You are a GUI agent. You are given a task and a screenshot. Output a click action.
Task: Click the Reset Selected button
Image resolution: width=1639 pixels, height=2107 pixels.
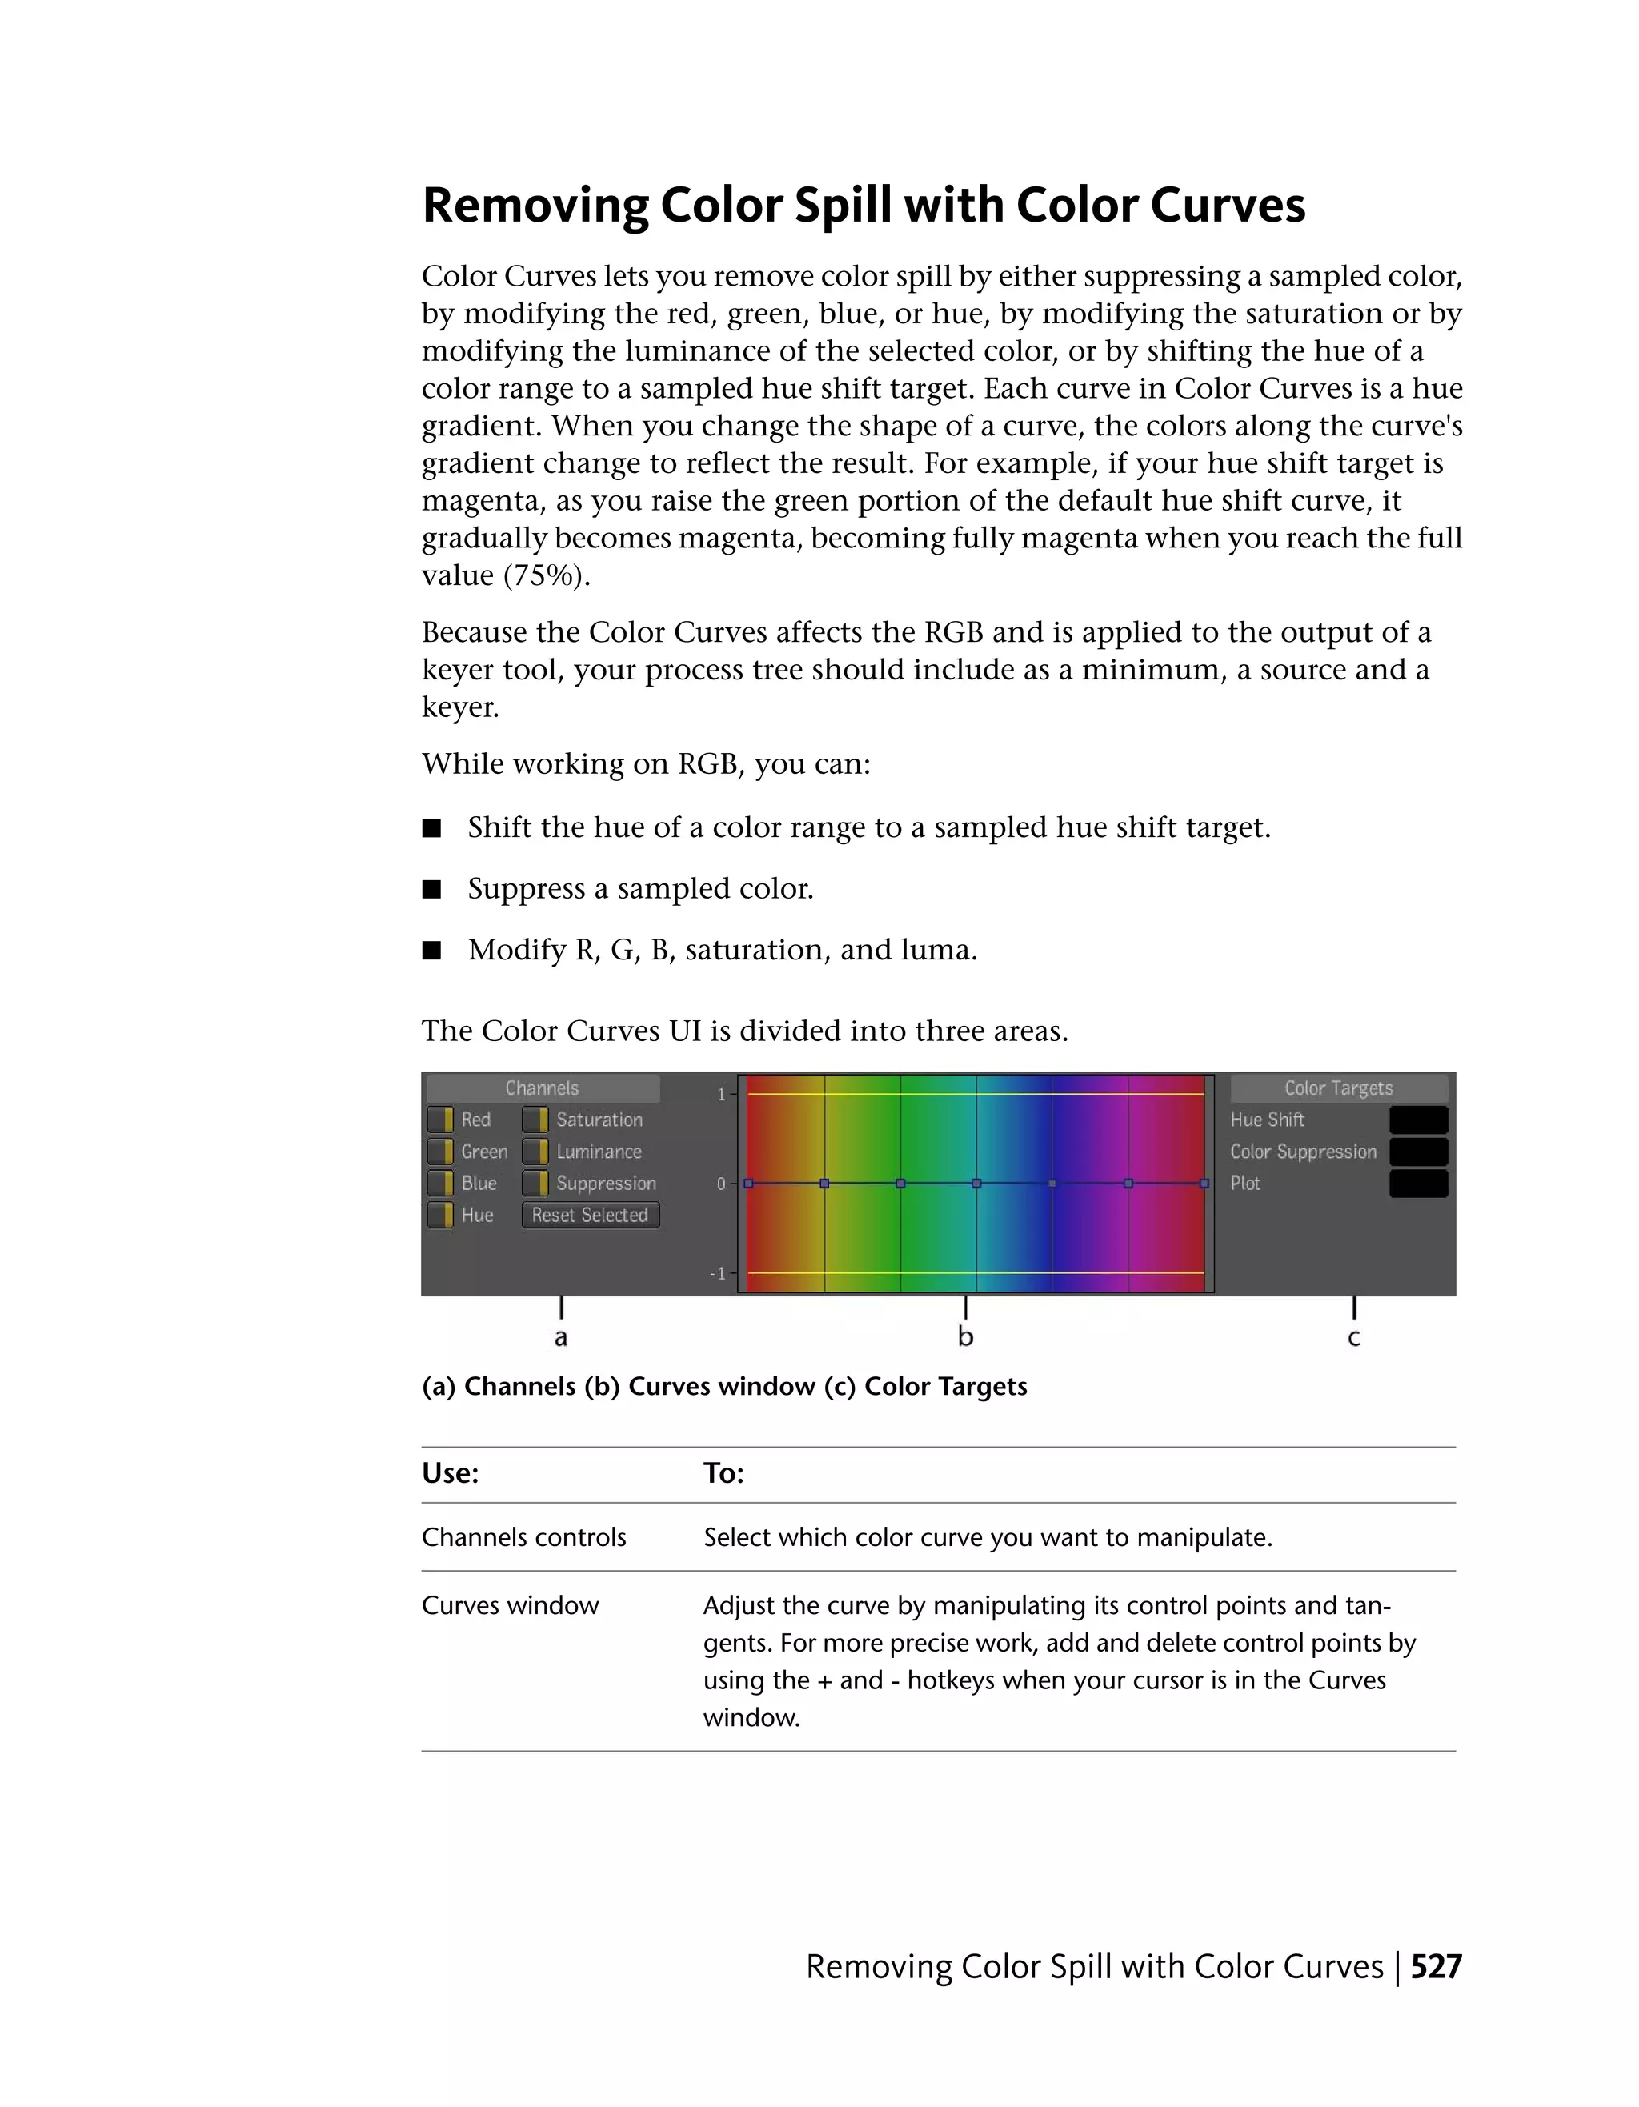[591, 1215]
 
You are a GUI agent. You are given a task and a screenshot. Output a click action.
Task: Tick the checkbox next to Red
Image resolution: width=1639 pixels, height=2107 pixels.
[440, 1119]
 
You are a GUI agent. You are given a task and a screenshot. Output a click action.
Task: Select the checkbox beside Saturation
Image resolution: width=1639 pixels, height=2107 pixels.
[535, 1119]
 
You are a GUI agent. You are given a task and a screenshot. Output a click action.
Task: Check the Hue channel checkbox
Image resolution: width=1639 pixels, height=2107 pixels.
[440, 1215]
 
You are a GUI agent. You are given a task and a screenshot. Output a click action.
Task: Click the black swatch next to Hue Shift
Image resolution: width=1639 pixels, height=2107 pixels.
[1418, 1119]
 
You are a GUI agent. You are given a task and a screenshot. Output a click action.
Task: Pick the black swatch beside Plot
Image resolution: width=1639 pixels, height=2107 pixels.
[1418, 1183]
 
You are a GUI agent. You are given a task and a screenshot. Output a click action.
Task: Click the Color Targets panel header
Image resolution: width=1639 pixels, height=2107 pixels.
[1338, 1088]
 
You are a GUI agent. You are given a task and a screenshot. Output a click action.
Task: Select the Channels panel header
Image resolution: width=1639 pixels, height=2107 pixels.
[542, 1088]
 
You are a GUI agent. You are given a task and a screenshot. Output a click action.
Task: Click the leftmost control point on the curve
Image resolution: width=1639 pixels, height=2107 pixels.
[748, 1183]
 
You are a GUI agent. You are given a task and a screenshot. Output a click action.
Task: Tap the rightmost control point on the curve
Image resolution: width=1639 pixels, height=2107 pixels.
[1204, 1183]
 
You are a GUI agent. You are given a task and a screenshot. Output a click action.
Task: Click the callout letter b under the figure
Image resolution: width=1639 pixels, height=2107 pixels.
[966, 1336]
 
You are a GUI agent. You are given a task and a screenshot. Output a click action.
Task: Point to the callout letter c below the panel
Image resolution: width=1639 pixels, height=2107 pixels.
[1353, 1338]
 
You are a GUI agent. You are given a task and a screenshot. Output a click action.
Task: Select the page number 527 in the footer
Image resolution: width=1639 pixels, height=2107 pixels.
[1436, 1966]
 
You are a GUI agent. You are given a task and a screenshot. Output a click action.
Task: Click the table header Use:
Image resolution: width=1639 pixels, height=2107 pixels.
[451, 1473]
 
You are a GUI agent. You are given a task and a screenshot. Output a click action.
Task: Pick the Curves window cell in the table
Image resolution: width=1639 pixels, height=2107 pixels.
[511, 1605]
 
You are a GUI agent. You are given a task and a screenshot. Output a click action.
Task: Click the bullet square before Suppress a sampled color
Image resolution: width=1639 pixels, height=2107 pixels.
[432, 888]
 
